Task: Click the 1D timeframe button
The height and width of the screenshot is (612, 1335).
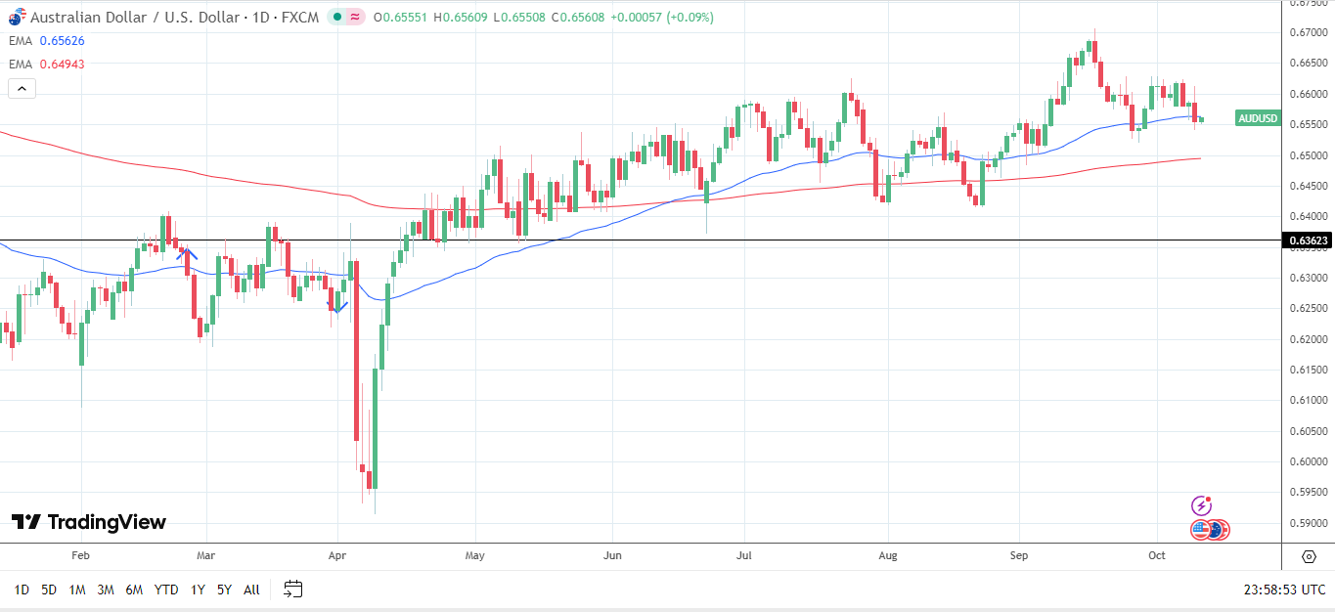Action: point(22,590)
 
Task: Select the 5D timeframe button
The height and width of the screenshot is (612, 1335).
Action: point(49,590)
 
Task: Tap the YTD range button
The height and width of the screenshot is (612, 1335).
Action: point(166,590)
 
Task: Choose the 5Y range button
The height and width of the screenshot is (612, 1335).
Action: point(224,590)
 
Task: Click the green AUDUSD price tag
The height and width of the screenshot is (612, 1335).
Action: point(1258,118)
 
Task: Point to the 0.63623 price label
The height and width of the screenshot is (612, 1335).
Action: point(1309,240)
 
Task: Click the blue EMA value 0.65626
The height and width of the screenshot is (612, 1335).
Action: point(62,41)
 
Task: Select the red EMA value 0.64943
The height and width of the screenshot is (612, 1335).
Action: point(62,65)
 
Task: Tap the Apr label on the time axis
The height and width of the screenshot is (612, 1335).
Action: point(337,556)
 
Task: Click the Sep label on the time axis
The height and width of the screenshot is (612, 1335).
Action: point(1019,556)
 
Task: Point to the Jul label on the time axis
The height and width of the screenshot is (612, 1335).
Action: point(744,556)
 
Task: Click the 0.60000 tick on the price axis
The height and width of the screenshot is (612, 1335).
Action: point(1309,462)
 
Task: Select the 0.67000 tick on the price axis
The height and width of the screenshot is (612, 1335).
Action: point(1309,33)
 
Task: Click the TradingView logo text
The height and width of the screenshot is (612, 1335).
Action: point(107,522)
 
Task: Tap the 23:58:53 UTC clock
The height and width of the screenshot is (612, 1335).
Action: point(1284,590)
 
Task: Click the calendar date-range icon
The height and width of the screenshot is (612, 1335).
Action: point(293,589)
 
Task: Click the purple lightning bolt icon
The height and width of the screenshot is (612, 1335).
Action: point(1202,505)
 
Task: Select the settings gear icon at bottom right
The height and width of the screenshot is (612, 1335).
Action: point(1309,556)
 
